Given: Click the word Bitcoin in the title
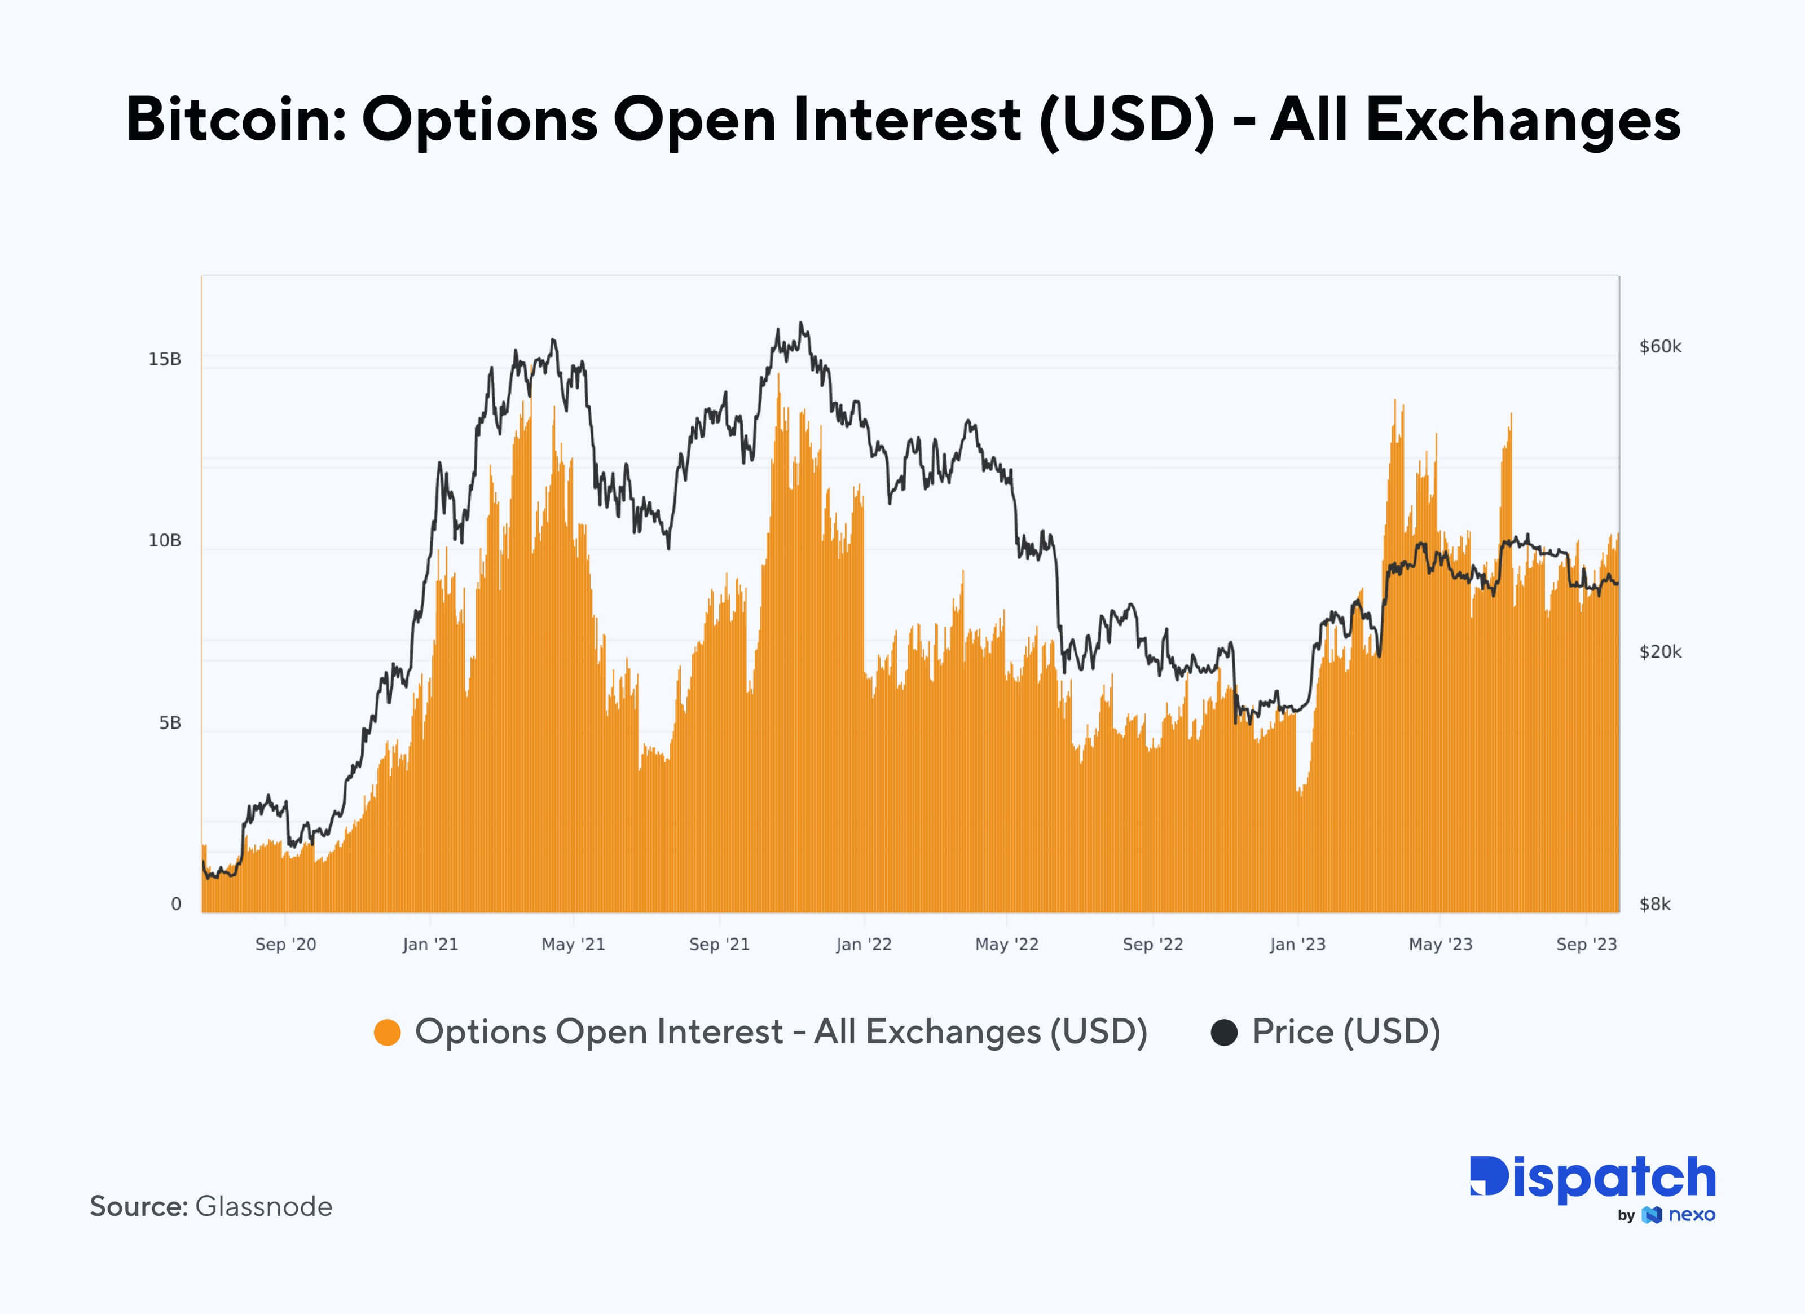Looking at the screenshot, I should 236,120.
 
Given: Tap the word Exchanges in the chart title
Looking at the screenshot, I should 1522,120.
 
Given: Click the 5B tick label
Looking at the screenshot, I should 170,722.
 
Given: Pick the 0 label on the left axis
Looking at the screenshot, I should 176,903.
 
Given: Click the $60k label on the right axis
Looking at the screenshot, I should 1660,346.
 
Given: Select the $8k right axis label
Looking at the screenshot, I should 1654,903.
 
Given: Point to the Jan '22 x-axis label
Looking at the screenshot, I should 864,944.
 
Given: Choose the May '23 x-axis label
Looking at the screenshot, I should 1441,944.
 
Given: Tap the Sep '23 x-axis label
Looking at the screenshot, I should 1586,944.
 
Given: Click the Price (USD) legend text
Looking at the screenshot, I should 1346,1031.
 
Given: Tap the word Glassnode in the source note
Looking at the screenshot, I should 263,1206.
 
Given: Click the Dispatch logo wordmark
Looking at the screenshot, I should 1592,1179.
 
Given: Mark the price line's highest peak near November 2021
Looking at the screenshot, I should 802,323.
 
